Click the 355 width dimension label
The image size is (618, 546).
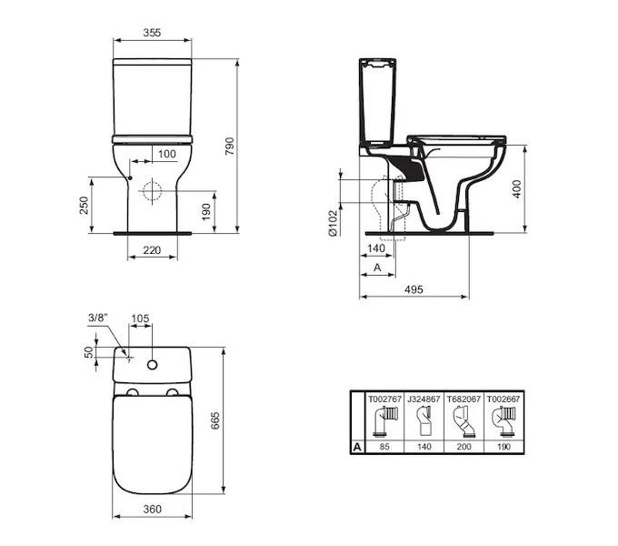[152, 33]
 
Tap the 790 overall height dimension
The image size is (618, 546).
[229, 146]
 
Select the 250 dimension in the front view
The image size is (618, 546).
[85, 205]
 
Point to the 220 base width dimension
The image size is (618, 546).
[152, 250]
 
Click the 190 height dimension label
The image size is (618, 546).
[206, 212]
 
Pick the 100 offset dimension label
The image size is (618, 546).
[167, 154]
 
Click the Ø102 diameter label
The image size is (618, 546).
[333, 223]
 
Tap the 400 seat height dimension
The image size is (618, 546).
[517, 188]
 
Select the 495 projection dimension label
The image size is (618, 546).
[414, 289]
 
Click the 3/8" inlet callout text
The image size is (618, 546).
[98, 318]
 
